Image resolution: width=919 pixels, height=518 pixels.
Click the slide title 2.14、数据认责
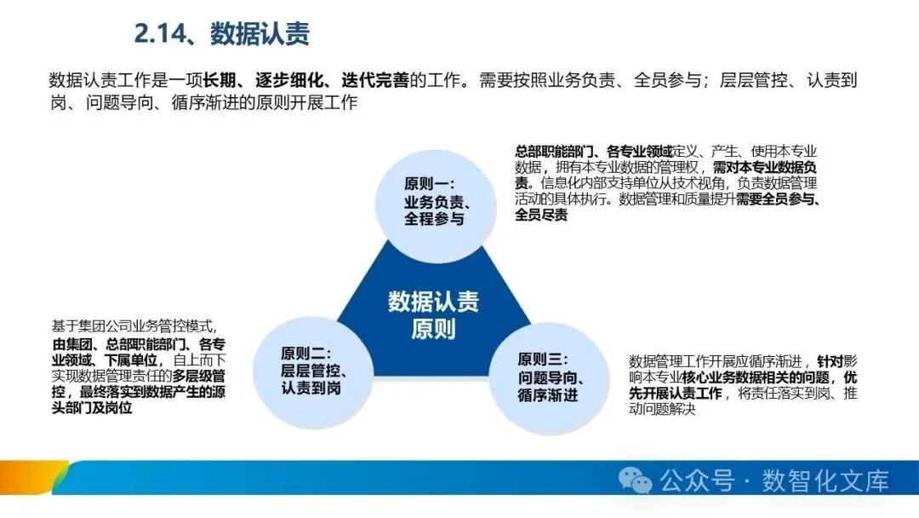(221, 33)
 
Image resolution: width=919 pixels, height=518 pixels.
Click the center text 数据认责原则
(433, 314)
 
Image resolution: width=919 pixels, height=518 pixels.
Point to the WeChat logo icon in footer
(636, 481)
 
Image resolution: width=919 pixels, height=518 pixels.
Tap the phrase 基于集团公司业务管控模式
(134, 327)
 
